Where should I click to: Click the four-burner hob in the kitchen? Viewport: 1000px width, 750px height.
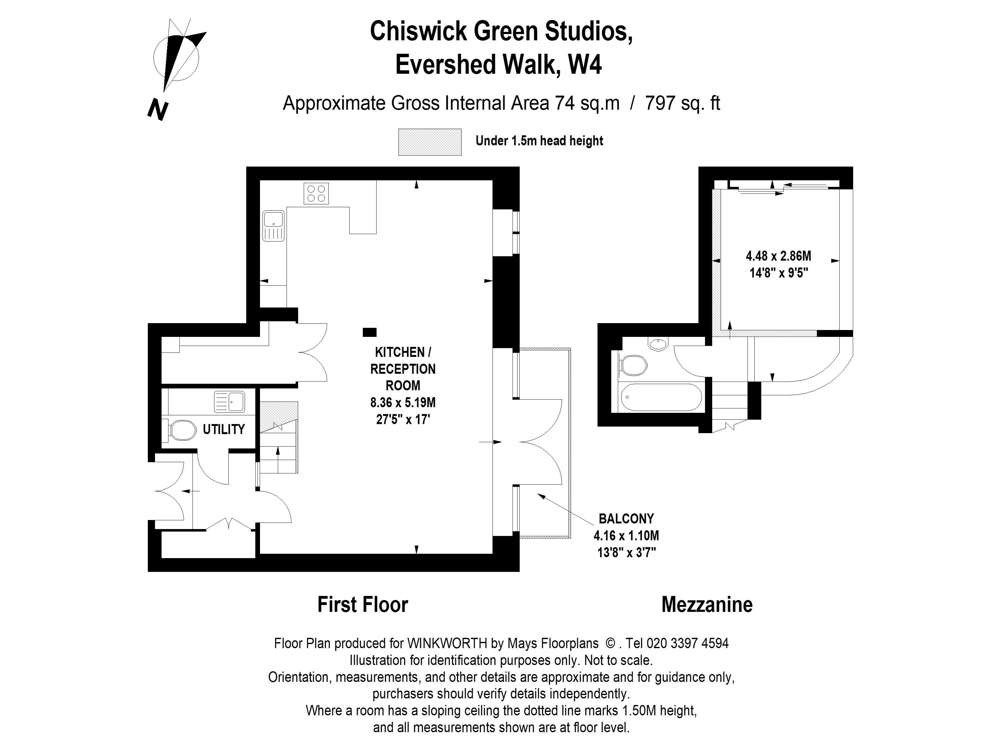(x=316, y=193)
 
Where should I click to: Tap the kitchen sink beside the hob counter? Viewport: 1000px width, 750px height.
(x=273, y=226)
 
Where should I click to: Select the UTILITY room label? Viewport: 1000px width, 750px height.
(x=223, y=429)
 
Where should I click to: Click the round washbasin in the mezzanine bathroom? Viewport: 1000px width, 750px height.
(x=658, y=344)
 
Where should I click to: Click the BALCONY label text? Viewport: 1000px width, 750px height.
(x=626, y=518)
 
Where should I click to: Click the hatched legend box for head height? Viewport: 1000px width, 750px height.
(x=429, y=142)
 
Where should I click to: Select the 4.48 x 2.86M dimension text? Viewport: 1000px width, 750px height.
(x=778, y=256)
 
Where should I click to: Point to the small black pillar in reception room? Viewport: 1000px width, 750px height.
(x=369, y=332)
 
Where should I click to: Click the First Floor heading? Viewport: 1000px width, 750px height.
(x=362, y=604)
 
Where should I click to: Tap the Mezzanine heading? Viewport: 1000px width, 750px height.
(x=707, y=604)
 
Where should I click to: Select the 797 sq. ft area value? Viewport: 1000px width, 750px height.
(x=682, y=103)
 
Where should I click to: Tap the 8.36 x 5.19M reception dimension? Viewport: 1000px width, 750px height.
(x=403, y=402)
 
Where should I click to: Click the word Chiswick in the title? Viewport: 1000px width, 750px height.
(x=418, y=31)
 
